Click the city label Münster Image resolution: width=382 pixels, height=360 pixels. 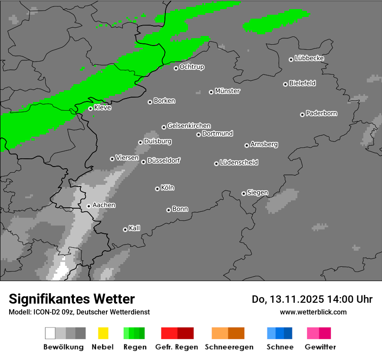227,91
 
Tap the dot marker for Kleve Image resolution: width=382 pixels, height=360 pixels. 90,108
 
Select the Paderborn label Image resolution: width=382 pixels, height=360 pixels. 321,113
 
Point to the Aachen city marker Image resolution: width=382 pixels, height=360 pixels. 89,206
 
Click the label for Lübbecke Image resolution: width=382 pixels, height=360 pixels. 309,58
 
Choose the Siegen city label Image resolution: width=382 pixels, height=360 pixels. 257,193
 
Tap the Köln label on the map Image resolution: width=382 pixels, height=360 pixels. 168,188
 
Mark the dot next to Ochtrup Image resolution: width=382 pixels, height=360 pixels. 176,68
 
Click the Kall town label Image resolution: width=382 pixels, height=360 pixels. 135,228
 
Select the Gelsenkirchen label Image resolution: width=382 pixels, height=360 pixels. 189,126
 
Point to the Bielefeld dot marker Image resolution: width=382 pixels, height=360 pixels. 285,84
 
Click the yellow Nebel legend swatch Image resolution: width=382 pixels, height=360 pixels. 103,333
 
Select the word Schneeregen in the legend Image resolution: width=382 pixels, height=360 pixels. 229,347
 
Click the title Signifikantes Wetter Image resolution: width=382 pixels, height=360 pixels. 72,299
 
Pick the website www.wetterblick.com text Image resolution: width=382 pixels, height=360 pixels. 313,312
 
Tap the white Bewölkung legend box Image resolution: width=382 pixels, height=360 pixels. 50,333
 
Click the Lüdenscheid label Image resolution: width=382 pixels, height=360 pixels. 239,162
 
